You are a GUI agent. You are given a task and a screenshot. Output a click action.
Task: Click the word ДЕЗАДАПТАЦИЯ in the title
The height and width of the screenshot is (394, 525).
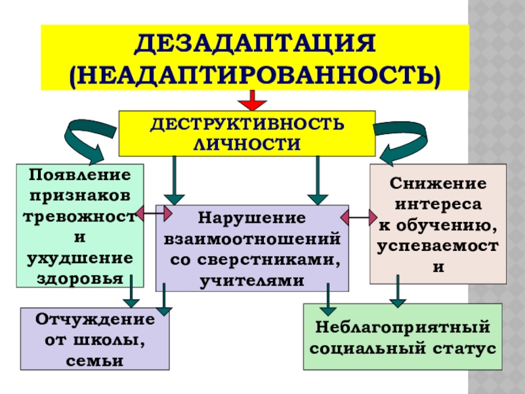point(255,45)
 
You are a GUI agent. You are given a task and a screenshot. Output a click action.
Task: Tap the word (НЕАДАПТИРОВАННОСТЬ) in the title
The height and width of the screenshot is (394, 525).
point(255,74)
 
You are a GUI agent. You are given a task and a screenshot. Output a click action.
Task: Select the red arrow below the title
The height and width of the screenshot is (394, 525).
point(252,101)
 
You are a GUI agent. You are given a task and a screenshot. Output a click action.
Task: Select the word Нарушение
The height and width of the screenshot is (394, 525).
point(252,217)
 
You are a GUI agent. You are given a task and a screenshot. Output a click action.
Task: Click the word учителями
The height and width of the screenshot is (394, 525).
point(252,280)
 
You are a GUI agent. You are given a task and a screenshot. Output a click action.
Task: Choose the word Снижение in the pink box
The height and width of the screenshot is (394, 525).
point(438,183)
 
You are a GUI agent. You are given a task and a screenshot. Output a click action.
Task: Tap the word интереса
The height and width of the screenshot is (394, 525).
point(438,204)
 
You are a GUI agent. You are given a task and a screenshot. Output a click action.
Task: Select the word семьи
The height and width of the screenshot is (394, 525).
point(95,361)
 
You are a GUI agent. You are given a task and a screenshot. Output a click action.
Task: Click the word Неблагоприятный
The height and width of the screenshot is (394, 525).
point(402,326)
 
